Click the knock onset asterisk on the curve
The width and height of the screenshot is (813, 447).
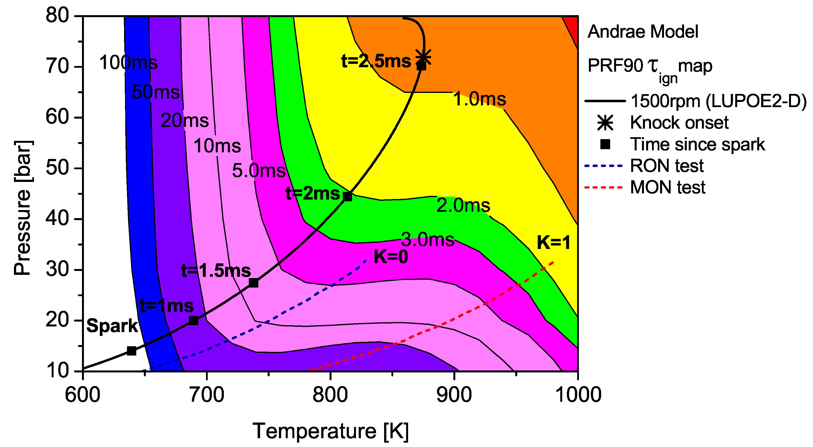[423, 57]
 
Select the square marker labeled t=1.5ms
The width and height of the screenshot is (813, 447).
[253, 283]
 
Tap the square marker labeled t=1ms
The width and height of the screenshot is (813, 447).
[194, 321]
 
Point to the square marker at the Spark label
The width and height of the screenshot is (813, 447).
[132, 351]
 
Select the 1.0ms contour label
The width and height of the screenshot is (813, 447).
[479, 99]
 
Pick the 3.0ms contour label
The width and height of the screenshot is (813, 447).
[427, 240]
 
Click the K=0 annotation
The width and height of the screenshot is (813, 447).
[391, 257]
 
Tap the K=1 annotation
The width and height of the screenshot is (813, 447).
[554, 243]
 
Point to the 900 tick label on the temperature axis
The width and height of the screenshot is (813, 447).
[454, 395]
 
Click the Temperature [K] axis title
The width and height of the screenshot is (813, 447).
[331, 431]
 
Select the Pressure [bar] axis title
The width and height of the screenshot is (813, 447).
[23, 208]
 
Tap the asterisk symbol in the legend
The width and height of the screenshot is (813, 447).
[605, 123]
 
